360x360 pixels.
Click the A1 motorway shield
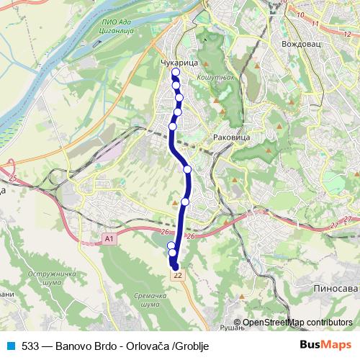point(109,238)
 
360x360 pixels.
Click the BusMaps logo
point(325,346)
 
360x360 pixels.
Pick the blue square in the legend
point(9,346)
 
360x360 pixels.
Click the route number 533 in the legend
point(30,346)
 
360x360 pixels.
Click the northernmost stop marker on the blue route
point(175,72)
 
